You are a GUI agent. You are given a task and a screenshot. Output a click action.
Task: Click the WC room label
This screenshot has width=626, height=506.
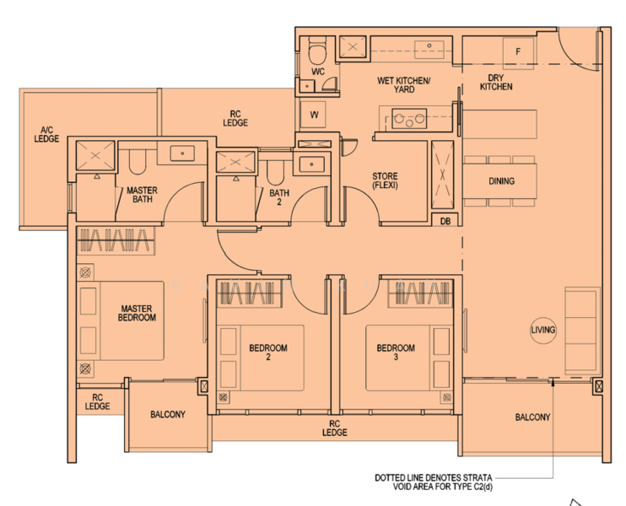(318, 72)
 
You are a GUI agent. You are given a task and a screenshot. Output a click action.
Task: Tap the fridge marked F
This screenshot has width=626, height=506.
(518, 53)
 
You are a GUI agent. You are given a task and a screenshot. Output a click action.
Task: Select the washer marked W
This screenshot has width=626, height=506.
(313, 115)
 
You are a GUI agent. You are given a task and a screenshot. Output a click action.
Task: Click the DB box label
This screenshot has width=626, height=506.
(445, 221)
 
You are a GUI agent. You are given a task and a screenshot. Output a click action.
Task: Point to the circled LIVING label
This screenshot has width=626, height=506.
(543, 330)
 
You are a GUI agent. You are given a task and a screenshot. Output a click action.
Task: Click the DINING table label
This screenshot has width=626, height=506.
(501, 181)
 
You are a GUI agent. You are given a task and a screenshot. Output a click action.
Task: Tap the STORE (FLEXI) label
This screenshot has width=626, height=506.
(385, 180)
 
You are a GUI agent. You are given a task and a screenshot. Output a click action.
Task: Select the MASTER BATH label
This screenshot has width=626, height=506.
(142, 195)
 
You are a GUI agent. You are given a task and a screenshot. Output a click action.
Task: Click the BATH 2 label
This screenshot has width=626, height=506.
(279, 197)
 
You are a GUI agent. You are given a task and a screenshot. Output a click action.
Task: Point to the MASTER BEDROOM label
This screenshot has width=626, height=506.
(137, 313)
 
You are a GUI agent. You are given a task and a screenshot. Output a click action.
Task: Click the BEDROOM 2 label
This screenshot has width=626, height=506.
(268, 353)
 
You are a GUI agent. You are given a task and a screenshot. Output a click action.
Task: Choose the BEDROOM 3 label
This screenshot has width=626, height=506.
(396, 353)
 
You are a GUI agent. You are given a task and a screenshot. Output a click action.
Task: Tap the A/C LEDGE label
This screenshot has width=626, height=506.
(46, 134)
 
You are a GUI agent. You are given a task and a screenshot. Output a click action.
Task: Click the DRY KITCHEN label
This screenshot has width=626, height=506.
(496, 82)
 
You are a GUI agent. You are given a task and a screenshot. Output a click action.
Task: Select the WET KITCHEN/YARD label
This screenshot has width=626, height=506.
(403, 85)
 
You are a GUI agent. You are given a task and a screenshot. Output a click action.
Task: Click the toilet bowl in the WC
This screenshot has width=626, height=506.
(318, 51)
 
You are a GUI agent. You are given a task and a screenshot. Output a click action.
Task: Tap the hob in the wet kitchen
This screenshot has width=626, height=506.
(409, 119)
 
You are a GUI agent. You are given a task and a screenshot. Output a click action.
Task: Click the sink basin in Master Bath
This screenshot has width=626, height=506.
(182, 153)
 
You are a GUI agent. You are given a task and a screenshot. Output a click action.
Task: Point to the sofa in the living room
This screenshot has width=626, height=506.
(582, 331)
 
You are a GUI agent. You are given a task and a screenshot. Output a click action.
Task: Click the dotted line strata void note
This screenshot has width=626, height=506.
(433, 482)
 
